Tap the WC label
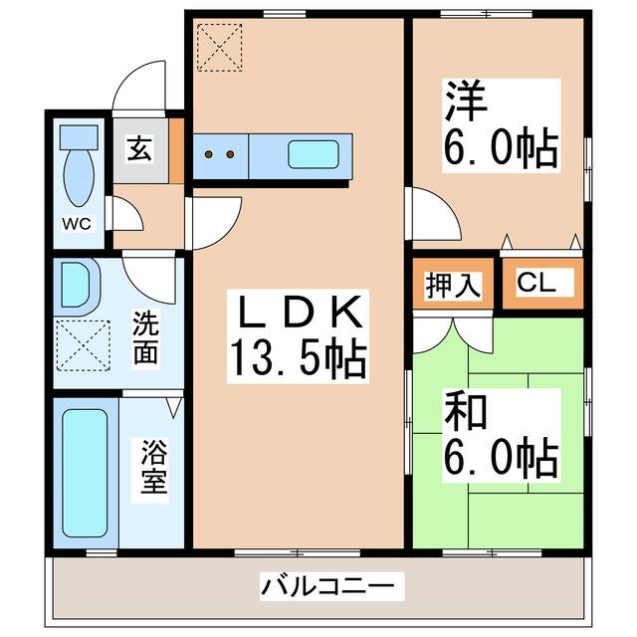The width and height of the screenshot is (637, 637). (78, 223)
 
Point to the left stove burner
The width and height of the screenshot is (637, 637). (210, 154)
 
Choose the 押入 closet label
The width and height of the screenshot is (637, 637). (454, 286)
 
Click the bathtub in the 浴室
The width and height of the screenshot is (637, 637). (84, 471)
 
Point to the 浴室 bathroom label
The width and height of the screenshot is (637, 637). (153, 471)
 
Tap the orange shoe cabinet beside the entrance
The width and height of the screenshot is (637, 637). (176, 151)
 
